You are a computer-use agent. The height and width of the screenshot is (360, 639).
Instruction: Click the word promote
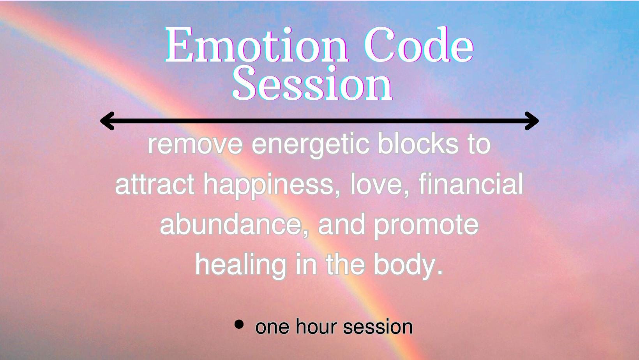426,226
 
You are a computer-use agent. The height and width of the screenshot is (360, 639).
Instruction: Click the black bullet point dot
239,324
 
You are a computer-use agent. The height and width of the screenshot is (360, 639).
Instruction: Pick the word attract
155,185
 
